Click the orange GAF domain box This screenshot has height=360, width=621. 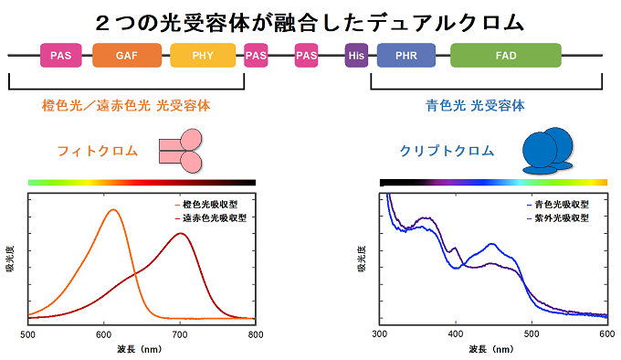(x=127, y=56)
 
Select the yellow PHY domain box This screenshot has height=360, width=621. (x=203, y=56)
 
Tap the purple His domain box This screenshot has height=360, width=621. (x=356, y=57)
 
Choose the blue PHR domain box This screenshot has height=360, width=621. (x=406, y=56)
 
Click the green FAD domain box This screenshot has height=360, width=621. (x=505, y=56)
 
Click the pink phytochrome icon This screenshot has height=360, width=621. (x=181, y=151)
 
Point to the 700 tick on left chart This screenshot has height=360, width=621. (x=180, y=334)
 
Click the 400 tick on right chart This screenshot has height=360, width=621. (x=456, y=334)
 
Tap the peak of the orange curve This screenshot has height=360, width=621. (x=113, y=210)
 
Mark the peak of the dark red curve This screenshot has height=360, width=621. (x=182, y=234)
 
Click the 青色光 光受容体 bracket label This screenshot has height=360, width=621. (x=476, y=105)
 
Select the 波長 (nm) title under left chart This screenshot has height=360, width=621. (x=140, y=350)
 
